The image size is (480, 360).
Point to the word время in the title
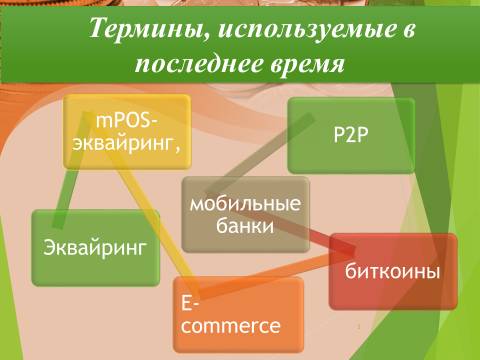pos(307,63)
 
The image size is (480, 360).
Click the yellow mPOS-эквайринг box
pos(127,131)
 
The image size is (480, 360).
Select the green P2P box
pos(351,135)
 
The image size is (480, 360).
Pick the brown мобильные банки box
pos(246,214)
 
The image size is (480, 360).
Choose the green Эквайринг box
pos(96,248)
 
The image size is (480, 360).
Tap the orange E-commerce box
pos(239,315)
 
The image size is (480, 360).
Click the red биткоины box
pos(393,271)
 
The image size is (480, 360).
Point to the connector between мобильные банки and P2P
pos(260,156)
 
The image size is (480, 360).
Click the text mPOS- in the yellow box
pos(127,121)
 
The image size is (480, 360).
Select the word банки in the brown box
pos(245,227)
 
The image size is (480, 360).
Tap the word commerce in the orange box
pos(231,326)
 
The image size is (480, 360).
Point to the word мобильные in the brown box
pos(245,204)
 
